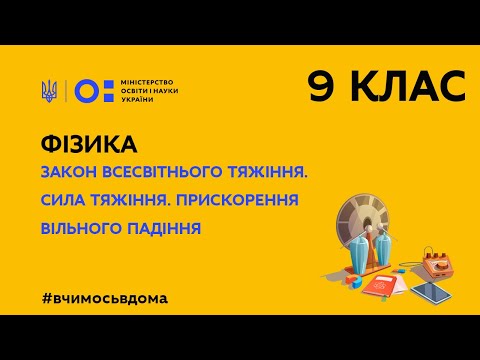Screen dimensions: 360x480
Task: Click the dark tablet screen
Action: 431,292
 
